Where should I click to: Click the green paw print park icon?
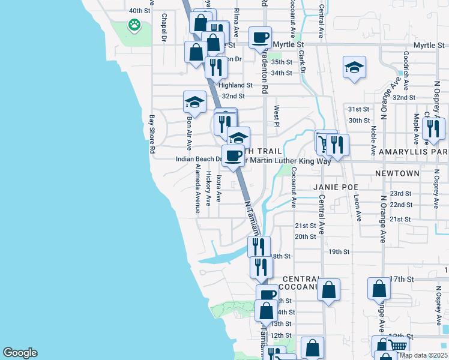point(134,26)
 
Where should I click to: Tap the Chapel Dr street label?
point(163,28)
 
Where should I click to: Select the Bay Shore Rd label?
point(152,135)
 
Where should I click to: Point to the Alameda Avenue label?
point(197,190)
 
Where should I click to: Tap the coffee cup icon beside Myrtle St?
point(260,38)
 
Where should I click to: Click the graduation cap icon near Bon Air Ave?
point(194,103)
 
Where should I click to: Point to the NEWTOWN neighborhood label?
point(397,173)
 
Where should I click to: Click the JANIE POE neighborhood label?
point(335,187)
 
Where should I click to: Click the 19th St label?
point(339,252)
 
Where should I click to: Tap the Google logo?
point(20,353)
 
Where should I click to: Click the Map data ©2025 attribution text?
point(423,355)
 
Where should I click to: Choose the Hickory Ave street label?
point(209,187)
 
